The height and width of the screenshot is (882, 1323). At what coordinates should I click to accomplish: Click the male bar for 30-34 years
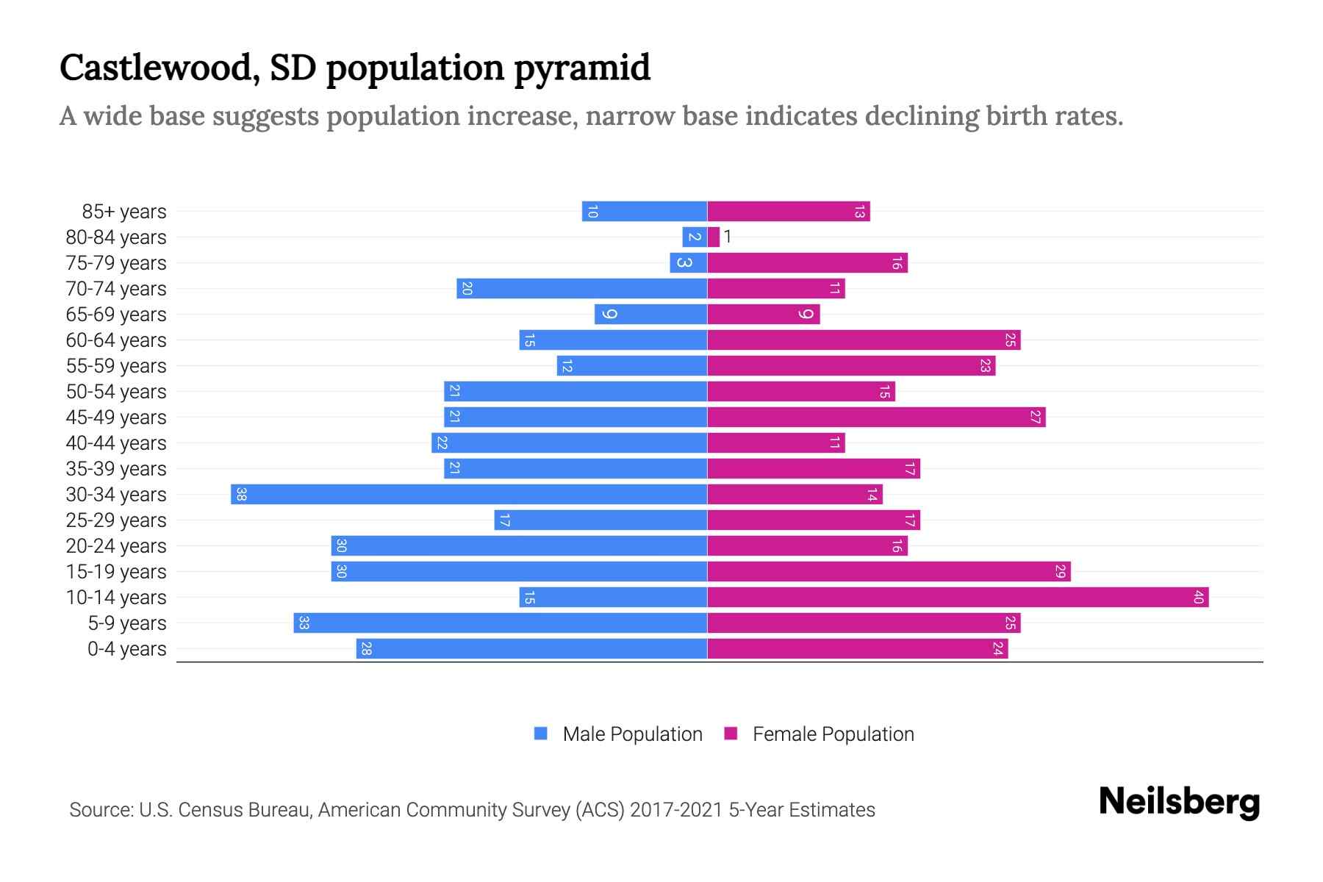(x=469, y=494)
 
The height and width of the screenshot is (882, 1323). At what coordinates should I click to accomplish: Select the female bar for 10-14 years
(x=958, y=597)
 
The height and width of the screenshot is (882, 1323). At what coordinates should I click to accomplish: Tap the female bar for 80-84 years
(x=713, y=237)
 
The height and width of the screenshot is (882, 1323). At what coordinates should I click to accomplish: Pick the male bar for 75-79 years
(x=688, y=262)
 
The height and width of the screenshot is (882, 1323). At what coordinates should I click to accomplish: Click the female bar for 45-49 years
(x=876, y=417)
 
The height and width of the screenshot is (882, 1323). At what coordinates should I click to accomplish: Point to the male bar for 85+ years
(x=644, y=211)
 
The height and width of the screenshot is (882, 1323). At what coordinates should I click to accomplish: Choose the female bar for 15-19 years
(x=889, y=571)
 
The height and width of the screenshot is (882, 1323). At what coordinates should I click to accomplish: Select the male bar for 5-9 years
(x=500, y=623)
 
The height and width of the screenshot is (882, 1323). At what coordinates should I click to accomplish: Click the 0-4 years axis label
(x=126, y=649)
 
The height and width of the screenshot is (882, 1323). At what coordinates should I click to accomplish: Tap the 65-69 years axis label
(x=116, y=315)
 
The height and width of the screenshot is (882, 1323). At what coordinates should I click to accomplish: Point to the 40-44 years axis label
(x=116, y=443)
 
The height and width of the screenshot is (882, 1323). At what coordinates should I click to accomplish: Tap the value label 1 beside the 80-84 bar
(x=728, y=237)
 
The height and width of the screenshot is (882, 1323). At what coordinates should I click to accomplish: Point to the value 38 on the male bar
(x=241, y=494)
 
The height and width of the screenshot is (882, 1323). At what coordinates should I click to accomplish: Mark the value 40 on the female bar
(x=1198, y=597)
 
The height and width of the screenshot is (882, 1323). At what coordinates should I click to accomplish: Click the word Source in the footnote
(x=100, y=810)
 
